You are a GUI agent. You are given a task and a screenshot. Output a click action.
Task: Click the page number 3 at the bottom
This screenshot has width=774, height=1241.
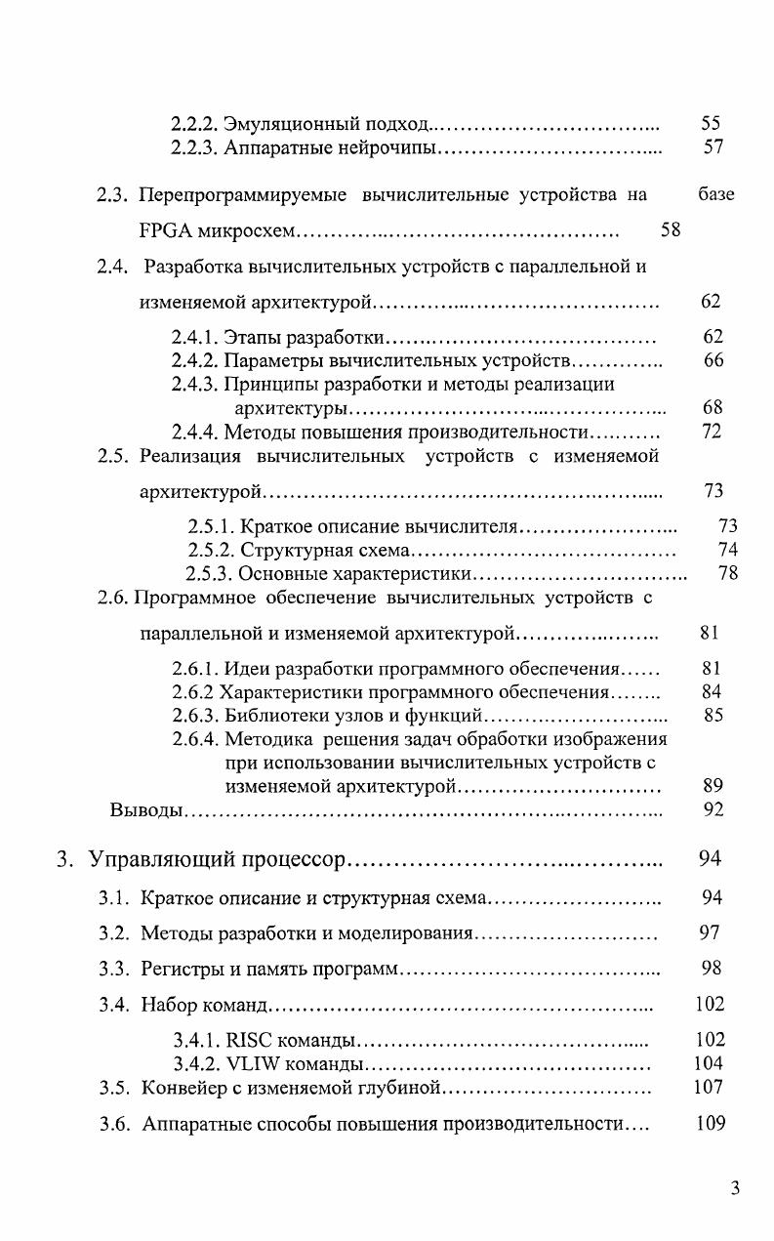[735, 1187]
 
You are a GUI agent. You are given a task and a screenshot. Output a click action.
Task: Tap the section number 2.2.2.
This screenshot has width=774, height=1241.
[193, 124]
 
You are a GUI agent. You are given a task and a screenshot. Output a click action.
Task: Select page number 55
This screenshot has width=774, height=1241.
[711, 124]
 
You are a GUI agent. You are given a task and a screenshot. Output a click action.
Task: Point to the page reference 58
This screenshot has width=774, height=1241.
[670, 231]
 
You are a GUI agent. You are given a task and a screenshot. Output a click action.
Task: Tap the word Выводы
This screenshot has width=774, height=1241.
[144, 809]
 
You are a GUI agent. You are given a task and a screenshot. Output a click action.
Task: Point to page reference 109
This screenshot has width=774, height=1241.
[711, 1124]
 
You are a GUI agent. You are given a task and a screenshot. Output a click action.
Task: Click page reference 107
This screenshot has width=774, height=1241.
[711, 1087]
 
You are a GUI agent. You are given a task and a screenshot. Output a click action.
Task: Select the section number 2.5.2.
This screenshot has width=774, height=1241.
[210, 550]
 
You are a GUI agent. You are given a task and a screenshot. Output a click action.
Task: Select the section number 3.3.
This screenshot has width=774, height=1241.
[114, 969]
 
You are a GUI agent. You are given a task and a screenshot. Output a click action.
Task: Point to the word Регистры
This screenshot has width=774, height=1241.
[180, 969]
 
